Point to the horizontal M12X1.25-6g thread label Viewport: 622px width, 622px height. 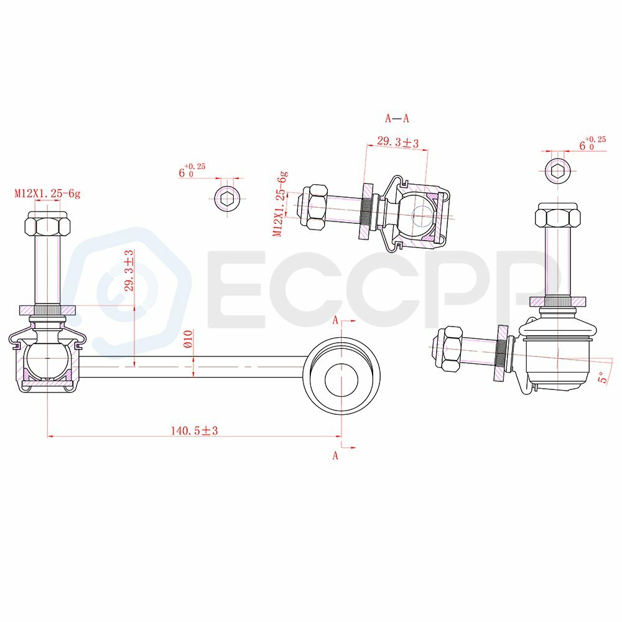(x=47, y=193)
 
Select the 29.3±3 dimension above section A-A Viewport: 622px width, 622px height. (x=397, y=143)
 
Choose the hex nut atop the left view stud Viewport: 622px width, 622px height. (x=47, y=224)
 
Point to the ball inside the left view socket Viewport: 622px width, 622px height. (x=47, y=359)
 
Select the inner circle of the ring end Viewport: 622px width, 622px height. (x=341, y=376)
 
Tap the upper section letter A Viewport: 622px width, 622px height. (x=337, y=320)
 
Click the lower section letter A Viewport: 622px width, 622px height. (x=335, y=455)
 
